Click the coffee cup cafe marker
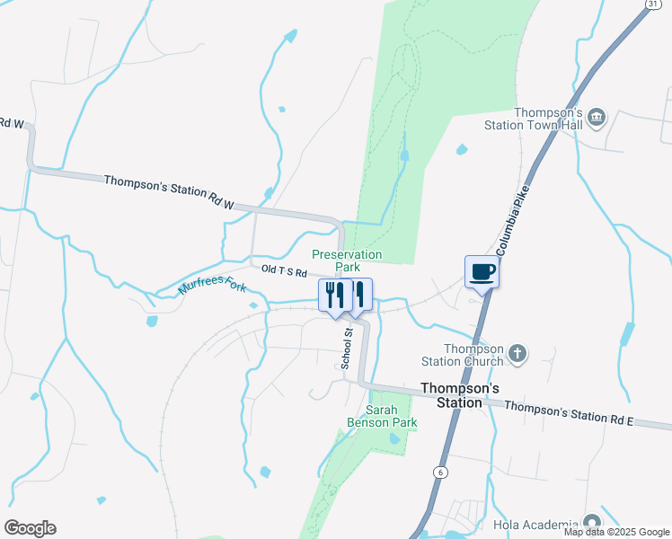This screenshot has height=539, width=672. (x=481, y=272)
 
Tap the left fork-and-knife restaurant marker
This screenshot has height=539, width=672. (x=334, y=294)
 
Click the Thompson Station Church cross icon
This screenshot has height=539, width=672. (x=517, y=354)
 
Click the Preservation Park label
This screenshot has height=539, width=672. (x=347, y=261)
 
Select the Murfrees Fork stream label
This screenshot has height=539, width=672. (x=212, y=286)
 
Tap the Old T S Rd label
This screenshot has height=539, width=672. (x=284, y=271)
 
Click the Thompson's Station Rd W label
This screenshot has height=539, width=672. (x=168, y=192)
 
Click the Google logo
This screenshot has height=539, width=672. (x=30, y=528)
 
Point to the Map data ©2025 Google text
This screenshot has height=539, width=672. (x=615, y=532)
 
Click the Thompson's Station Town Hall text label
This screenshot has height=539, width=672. (x=548, y=119)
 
